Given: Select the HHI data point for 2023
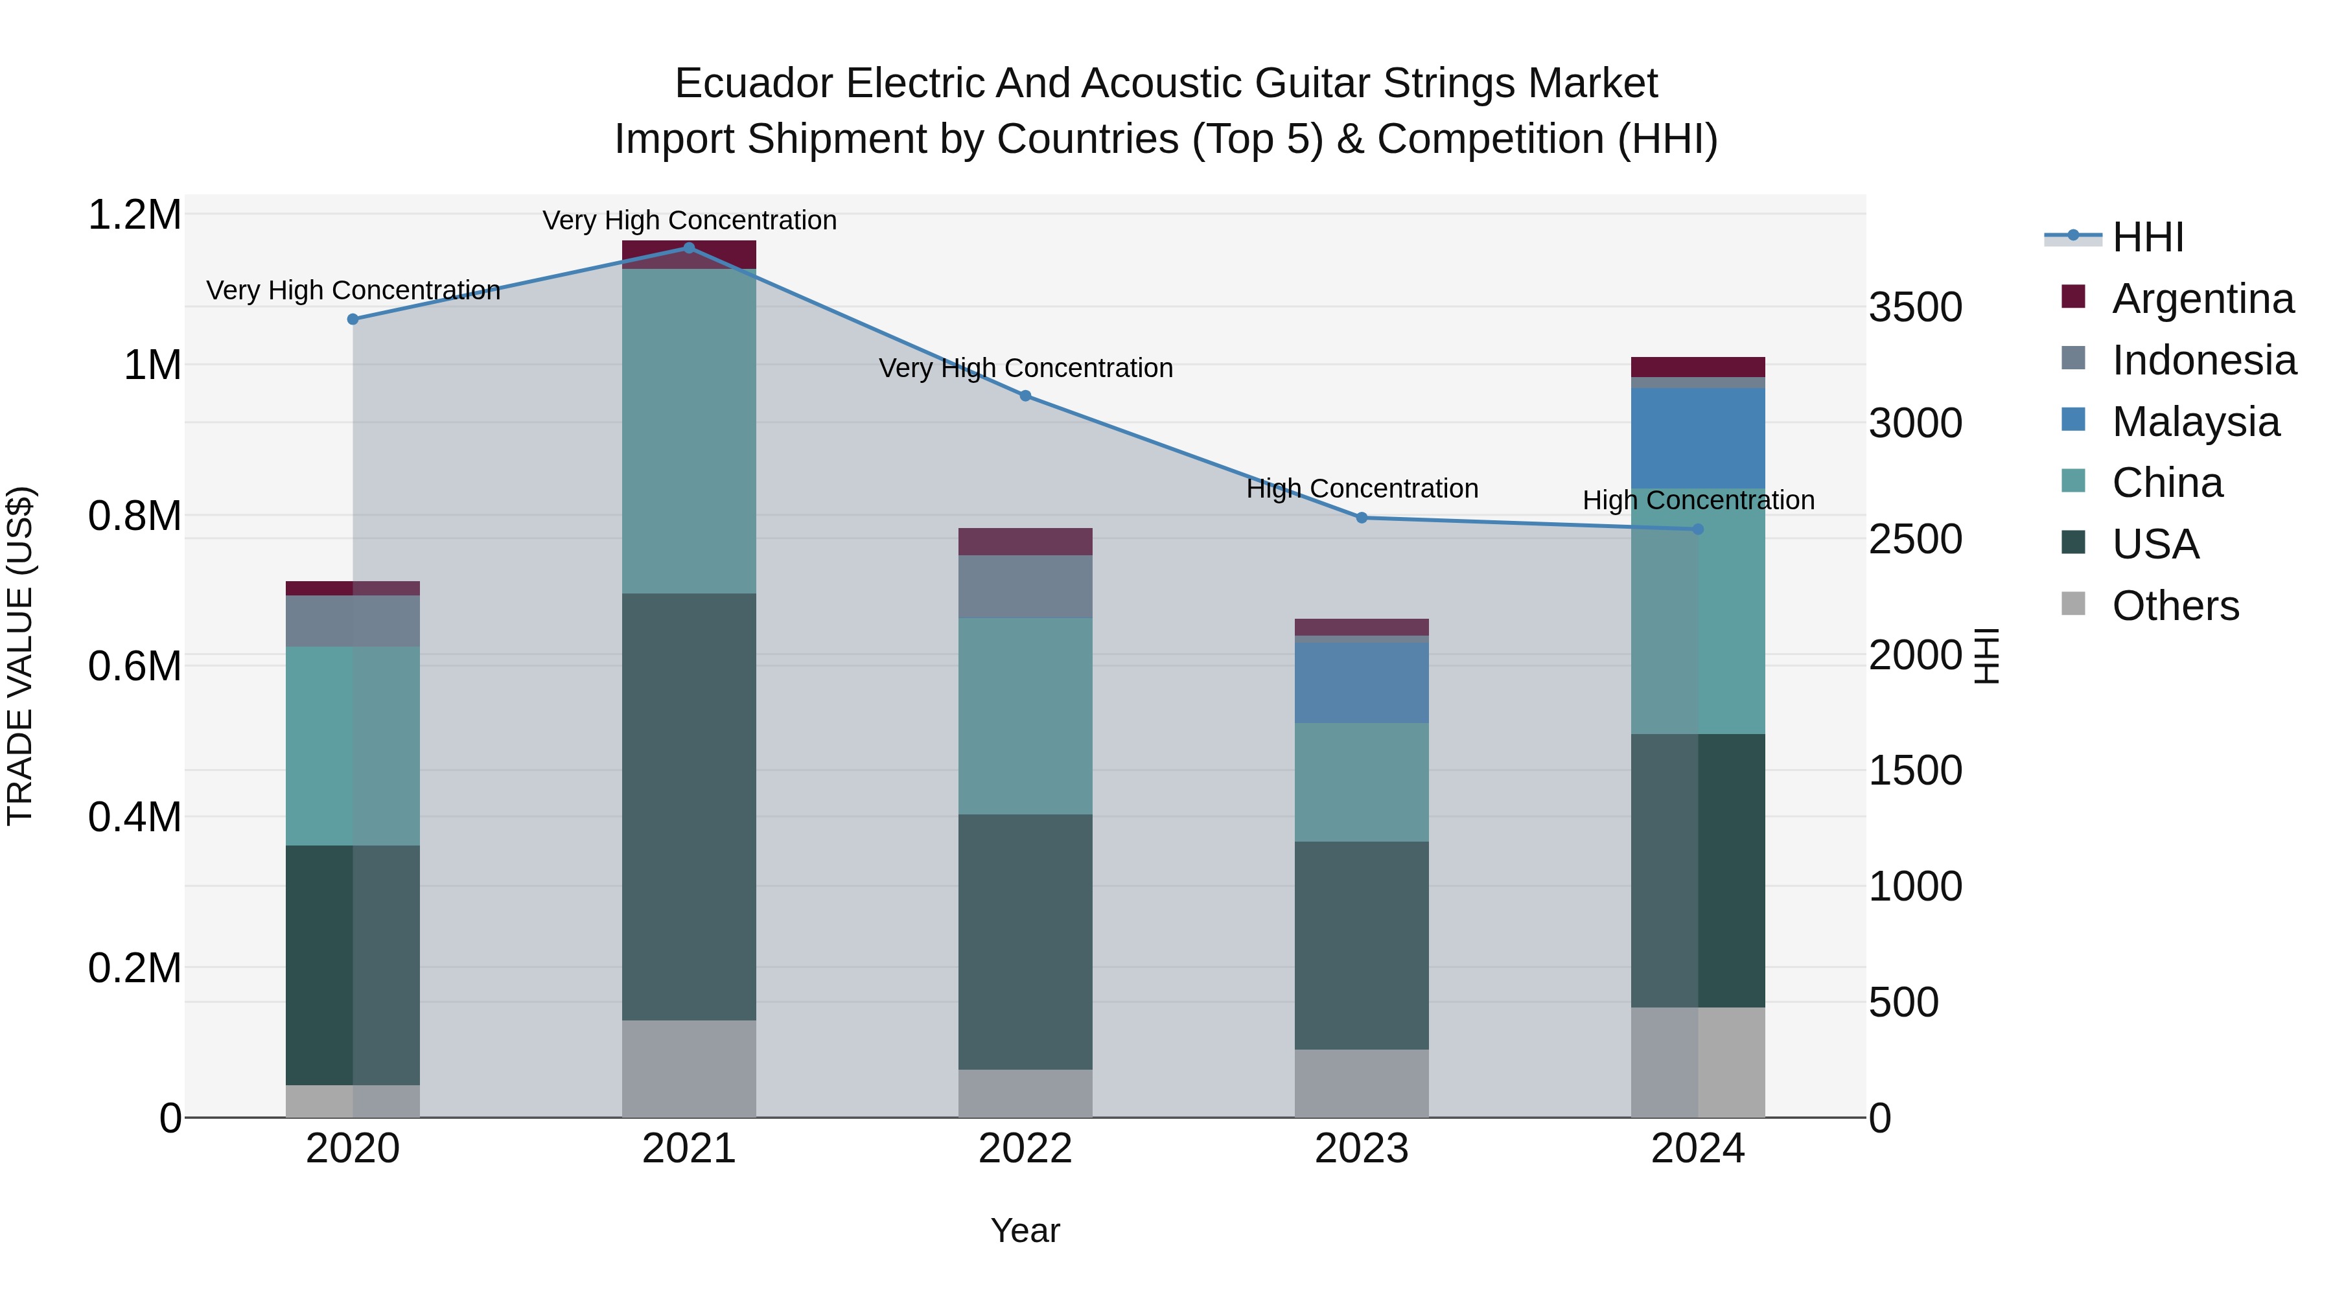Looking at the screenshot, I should click(x=1361, y=518).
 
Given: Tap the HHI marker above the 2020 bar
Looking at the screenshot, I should click(x=353, y=319).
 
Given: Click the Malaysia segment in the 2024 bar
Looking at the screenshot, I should click(x=1697, y=438).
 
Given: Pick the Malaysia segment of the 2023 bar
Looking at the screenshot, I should click(x=1361, y=682).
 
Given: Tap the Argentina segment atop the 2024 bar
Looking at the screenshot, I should click(x=1697, y=367).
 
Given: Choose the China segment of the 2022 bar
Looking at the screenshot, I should click(x=1025, y=715).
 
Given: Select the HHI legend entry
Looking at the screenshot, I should click(x=2148, y=237).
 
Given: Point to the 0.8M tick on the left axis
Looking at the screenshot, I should click(x=134, y=516).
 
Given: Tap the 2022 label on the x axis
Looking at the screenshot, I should click(x=1025, y=1149).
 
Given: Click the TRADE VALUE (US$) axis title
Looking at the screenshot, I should click(x=20, y=656).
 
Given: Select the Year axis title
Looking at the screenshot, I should click(x=1025, y=1230).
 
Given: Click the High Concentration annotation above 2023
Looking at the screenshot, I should click(x=1361, y=489).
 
